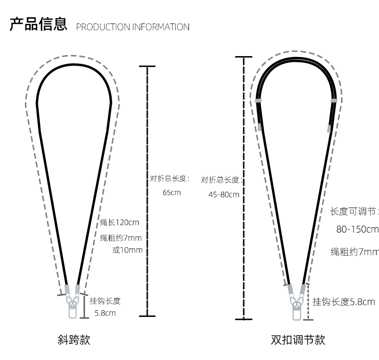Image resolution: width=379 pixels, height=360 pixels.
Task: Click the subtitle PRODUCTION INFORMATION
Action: click(133, 27)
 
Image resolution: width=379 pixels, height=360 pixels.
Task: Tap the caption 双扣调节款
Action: click(298, 340)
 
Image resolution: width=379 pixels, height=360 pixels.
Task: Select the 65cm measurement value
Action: click(172, 193)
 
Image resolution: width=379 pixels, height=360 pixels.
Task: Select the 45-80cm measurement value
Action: click(224, 195)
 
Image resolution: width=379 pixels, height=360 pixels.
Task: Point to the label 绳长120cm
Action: click(119, 222)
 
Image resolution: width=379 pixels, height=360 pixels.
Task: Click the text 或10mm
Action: click(127, 250)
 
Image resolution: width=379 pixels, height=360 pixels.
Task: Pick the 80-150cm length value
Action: click(357, 229)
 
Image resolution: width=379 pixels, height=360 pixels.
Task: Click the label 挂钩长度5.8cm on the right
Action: click(343, 302)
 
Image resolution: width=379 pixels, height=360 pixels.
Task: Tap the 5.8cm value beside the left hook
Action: click(105, 314)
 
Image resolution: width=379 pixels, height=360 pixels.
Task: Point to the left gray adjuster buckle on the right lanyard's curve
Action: click(258, 101)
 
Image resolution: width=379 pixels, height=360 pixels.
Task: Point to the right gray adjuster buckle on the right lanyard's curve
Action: click(334, 101)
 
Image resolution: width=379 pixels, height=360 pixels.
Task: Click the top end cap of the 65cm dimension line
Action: click(147, 66)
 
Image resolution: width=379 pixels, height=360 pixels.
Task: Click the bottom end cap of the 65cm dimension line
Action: click(147, 316)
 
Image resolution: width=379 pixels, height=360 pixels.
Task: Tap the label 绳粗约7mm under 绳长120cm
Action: click(121, 238)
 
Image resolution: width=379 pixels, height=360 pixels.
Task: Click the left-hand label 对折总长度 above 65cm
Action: click(169, 179)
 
